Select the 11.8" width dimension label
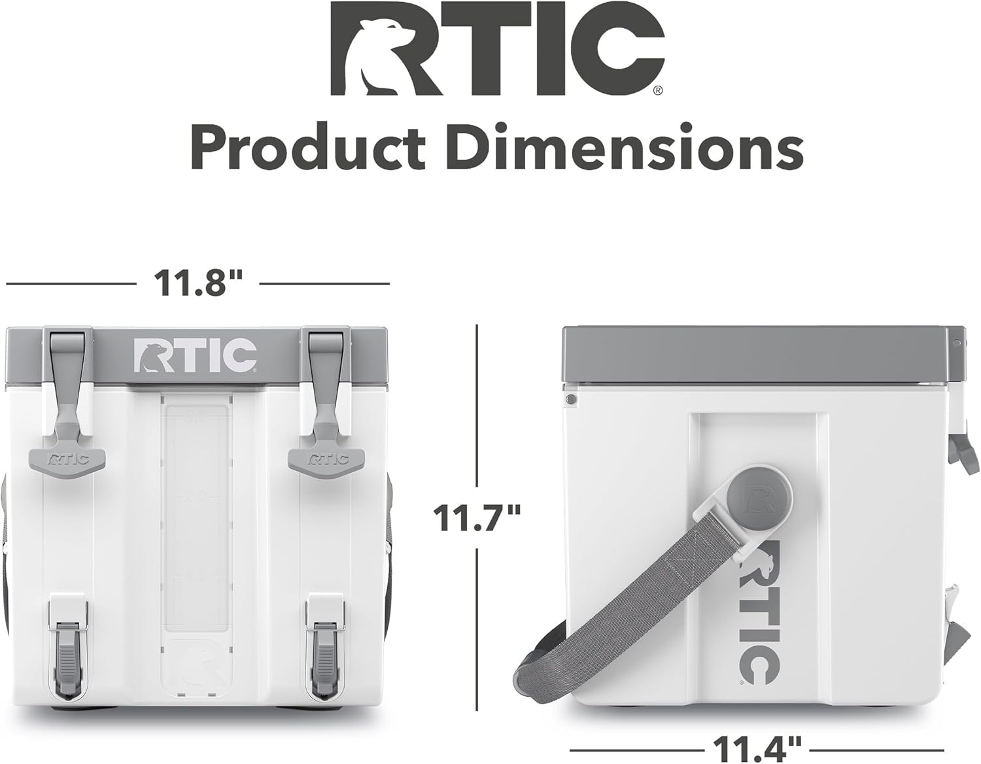[x=198, y=283]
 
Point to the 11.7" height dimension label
[x=477, y=518]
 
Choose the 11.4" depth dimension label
[x=757, y=745]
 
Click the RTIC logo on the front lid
[x=196, y=355]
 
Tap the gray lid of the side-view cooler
[x=759, y=353]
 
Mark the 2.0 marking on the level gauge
[x=196, y=496]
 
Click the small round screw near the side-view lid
[x=570, y=398]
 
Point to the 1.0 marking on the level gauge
[x=196, y=576]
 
